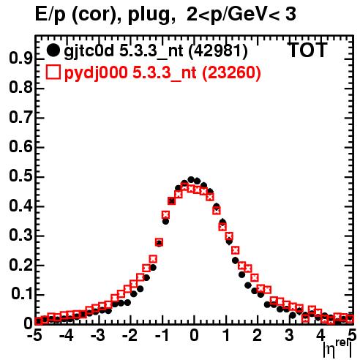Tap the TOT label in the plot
pos(307,50)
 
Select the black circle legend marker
pos(53,50)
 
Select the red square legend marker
pos(53,72)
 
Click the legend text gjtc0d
pos(89,51)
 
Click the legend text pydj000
pos(96,73)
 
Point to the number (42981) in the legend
pos(219,51)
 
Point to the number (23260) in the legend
pos(232,72)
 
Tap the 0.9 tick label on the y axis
pos(20,59)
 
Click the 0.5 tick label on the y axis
pos(20,176)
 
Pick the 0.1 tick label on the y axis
pos(22,294)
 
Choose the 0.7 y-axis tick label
pos(20,117)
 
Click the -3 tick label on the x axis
pos(97,335)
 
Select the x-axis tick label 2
pos(257,335)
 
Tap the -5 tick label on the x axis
pos(34,335)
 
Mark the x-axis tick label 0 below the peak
pos(194,335)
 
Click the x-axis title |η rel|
pos(337,349)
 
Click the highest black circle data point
pos(191,180)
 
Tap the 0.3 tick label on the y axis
pos(20,235)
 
